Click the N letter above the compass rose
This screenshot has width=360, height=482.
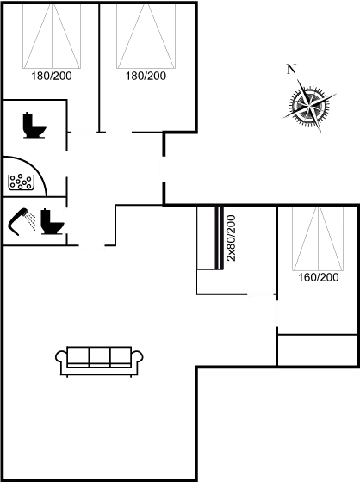pyautogui.click(x=291, y=69)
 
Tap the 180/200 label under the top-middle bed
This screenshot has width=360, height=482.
pyautogui.click(x=145, y=77)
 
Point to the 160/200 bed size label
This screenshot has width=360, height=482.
pyautogui.click(x=317, y=278)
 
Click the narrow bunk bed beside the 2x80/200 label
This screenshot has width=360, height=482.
pyautogui.click(x=208, y=238)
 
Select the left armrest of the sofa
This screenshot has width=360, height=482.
pyautogui.click(x=60, y=357)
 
